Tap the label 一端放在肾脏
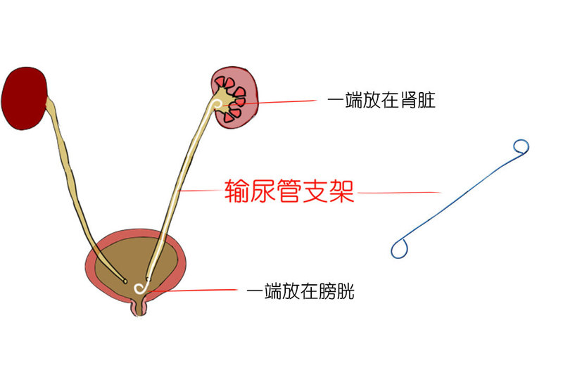pyautogui.click(x=381, y=101)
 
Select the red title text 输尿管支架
pyautogui.click(x=289, y=191)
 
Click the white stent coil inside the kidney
pyautogui.click(x=219, y=106)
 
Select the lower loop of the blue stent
pyautogui.click(x=400, y=248)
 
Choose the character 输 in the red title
pyautogui.click(x=237, y=191)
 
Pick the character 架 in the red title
pyautogui.click(x=341, y=191)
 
